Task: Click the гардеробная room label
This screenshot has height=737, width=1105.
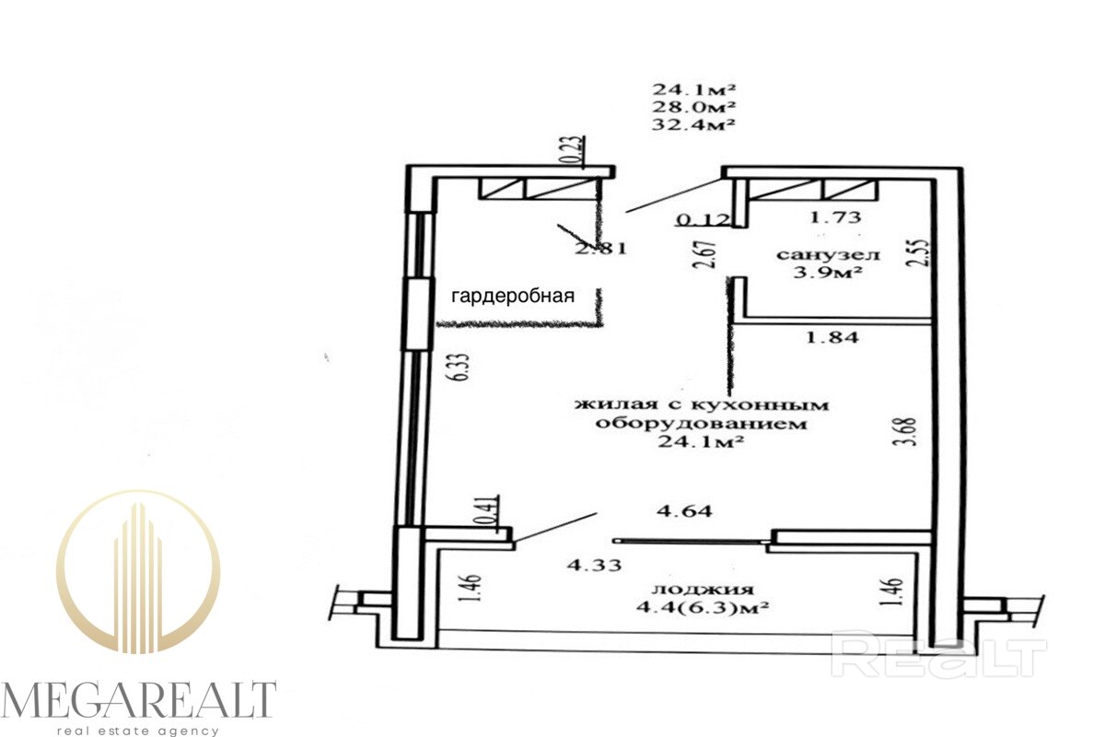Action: click(x=513, y=297)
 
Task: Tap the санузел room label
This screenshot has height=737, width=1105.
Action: click(x=828, y=254)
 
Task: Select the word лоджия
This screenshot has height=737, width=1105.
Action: click(x=703, y=589)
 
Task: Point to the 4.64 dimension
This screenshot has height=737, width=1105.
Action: click(x=684, y=511)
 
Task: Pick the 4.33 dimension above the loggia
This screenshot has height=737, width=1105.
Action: click(x=594, y=565)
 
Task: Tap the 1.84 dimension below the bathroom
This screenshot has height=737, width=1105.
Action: click(x=832, y=338)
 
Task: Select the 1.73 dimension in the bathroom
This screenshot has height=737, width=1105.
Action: click(x=836, y=216)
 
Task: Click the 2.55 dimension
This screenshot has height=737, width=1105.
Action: click(x=920, y=253)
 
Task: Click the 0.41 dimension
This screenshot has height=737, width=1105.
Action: click(x=492, y=513)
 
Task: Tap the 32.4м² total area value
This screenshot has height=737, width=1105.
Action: click(x=694, y=123)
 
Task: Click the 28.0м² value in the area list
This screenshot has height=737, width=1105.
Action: click(x=694, y=106)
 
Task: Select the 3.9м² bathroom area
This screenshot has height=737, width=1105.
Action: click(x=828, y=272)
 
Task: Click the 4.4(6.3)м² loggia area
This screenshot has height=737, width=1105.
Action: click(x=703, y=607)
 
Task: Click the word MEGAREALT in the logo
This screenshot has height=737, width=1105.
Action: click(x=138, y=701)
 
